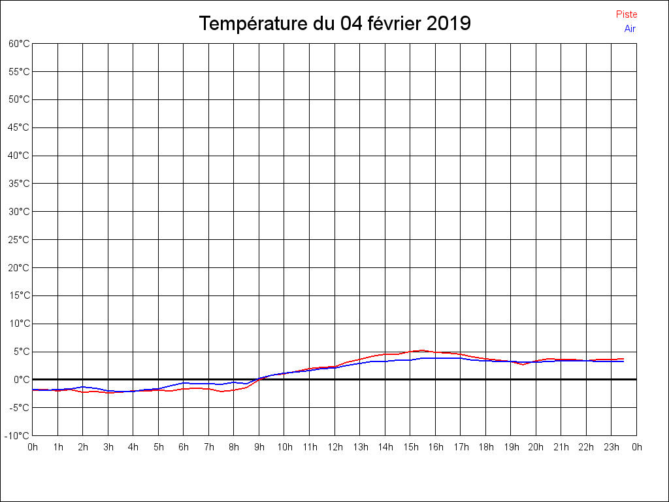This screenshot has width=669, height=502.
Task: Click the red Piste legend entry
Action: pyautogui.click(x=626, y=14)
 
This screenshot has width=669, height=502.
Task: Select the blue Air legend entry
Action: pyautogui.click(x=630, y=29)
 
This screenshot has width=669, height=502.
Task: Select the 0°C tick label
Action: pyautogui.click(x=22, y=380)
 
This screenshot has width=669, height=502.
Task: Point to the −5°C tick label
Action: pyautogui.click(x=19, y=408)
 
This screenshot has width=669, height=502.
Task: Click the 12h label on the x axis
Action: pyautogui.click(x=334, y=448)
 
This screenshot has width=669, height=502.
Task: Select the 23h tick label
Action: pyautogui.click(x=612, y=448)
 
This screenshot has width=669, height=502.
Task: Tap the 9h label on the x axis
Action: pyautogui.click(x=259, y=448)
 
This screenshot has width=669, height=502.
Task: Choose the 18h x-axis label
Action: pyautogui.click(x=485, y=448)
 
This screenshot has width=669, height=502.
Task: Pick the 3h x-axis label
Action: pyautogui.click(x=108, y=448)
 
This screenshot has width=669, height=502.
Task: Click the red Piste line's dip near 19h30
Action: pyautogui.click(x=523, y=364)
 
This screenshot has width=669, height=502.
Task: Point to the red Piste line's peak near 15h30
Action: pyautogui.click(x=422, y=350)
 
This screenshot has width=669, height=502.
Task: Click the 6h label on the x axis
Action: pyautogui.click(x=184, y=448)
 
